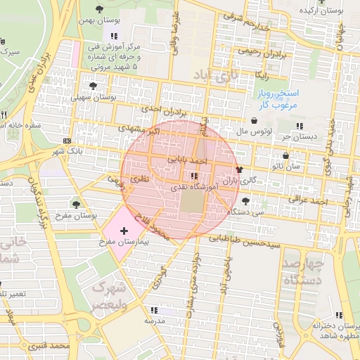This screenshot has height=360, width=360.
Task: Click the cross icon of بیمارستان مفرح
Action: [x=124, y=231]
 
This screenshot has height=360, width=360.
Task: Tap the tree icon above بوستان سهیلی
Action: [x=93, y=86]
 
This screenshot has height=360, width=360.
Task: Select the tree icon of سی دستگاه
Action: [x=245, y=200]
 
